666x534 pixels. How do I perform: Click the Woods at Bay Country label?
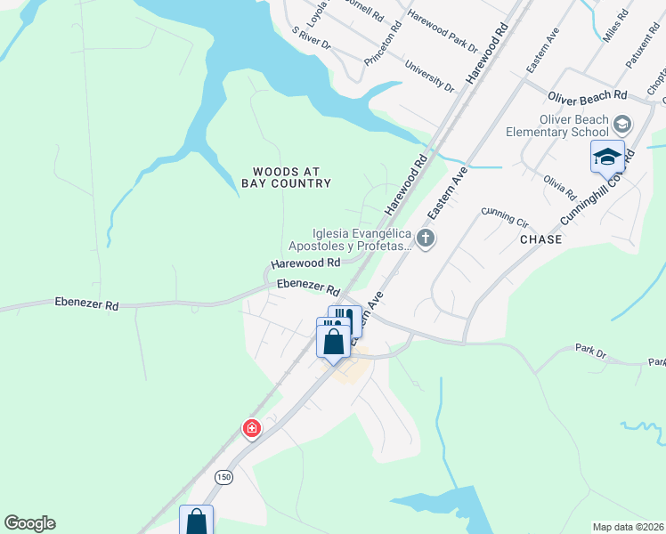[x=286, y=177]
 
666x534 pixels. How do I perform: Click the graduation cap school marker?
[x=607, y=157]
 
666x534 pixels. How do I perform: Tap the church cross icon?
[x=426, y=238]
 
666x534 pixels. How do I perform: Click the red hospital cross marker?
[x=252, y=430]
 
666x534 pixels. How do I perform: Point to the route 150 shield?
[x=223, y=477]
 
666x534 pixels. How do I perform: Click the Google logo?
[x=29, y=523]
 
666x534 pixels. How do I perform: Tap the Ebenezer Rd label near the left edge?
[x=86, y=304]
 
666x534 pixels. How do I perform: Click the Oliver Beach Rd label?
[x=588, y=95]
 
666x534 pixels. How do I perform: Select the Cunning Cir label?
[x=505, y=213]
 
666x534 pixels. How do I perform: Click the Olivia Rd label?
[x=560, y=188]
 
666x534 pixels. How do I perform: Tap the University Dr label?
[x=429, y=77]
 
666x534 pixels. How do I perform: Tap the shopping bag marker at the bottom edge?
[x=197, y=522]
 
